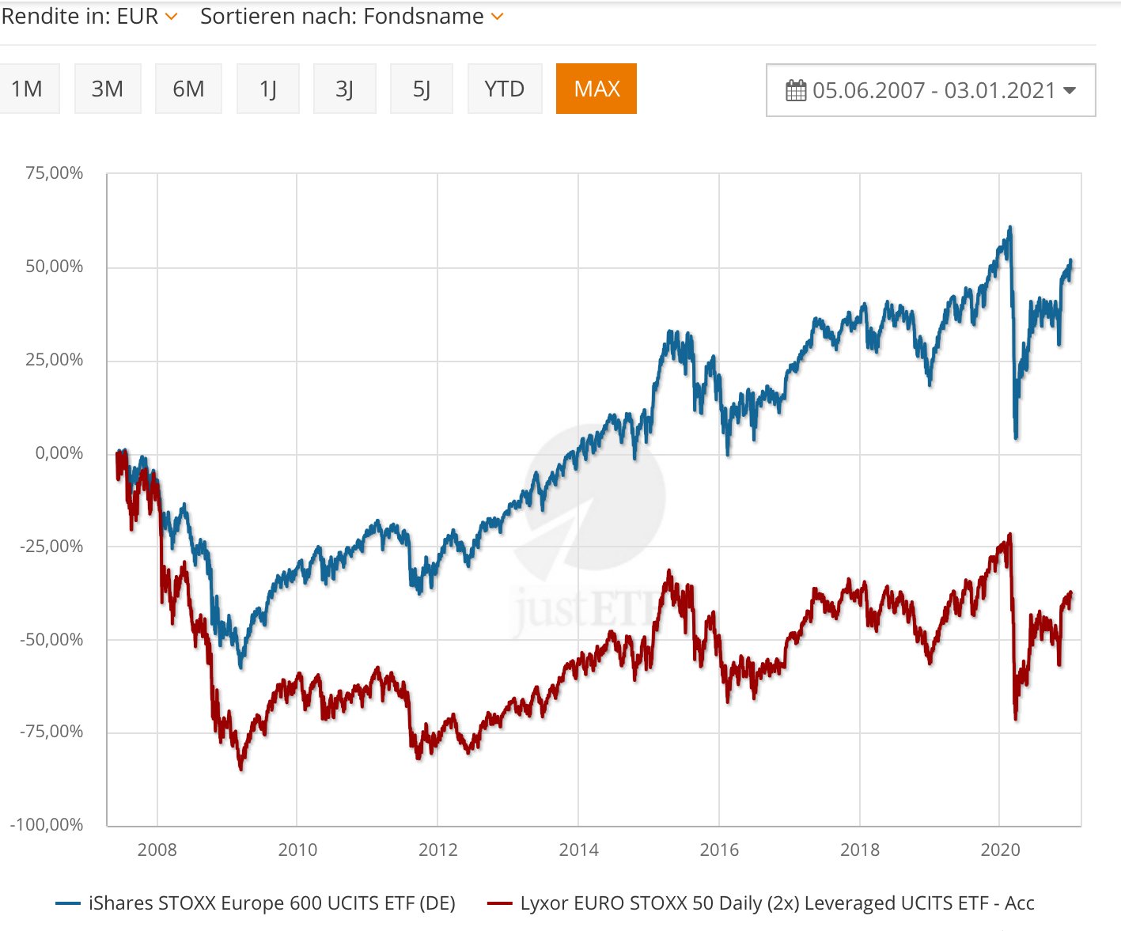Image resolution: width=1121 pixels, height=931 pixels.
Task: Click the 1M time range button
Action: (x=27, y=89)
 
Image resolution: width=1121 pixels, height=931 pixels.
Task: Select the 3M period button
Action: (x=108, y=89)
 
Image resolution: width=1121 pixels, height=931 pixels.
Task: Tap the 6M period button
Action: (x=188, y=89)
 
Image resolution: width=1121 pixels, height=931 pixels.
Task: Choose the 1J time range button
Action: (x=268, y=89)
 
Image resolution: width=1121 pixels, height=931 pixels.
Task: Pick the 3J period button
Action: (x=344, y=89)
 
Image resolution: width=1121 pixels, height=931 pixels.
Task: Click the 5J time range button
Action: (x=422, y=89)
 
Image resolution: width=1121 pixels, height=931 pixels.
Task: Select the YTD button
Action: (x=505, y=89)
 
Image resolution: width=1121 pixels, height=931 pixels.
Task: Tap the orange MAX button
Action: (x=596, y=89)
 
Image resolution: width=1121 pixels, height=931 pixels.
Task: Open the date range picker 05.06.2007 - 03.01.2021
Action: (x=930, y=90)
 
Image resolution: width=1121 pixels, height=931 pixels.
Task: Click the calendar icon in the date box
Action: (x=796, y=90)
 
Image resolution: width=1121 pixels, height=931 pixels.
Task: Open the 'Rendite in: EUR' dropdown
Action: (x=89, y=17)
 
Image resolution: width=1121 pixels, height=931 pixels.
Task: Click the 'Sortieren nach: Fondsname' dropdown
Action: (x=351, y=17)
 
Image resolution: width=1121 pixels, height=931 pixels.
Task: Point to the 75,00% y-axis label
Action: (x=54, y=173)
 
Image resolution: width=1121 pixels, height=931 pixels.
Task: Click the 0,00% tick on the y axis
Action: (x=59, y=453)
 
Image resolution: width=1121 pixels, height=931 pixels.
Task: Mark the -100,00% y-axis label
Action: (x=47, y=825)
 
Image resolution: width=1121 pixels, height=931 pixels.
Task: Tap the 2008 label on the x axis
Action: (x=157, y=850)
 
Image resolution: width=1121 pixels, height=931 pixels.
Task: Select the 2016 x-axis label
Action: (x=719, y=850)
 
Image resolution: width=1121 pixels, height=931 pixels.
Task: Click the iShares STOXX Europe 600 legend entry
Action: (x=271, y=903)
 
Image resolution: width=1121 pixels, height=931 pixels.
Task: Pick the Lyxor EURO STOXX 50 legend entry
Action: (x=777, y=903)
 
